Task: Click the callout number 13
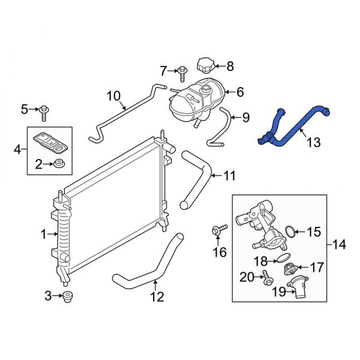click(x=313, y=142)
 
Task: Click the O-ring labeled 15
click(x=290, y=232)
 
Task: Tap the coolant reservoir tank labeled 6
click(x=195, y=100)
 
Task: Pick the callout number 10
click(x=114, y=95)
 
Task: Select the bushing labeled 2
click(x=59, y=163)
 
